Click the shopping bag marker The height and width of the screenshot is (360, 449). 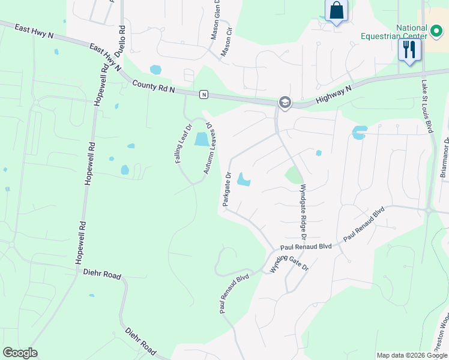pos(336,11)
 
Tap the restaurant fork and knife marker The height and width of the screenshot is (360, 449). pos(409,49)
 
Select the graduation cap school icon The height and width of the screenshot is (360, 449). pos(284,103)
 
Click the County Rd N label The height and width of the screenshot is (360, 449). pos(154,86)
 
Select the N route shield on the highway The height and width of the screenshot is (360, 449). pos(204,94)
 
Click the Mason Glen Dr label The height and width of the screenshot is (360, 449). pos(216,20)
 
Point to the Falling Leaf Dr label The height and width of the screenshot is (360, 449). pos(182,145)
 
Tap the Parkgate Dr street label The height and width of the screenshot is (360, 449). pos(227,190)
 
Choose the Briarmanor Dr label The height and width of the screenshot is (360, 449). pos(445,157)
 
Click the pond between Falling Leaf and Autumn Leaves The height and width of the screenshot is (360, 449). pos(201,140)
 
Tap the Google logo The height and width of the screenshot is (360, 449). pos(20,353)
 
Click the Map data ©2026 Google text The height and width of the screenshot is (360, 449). pos(412,355)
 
